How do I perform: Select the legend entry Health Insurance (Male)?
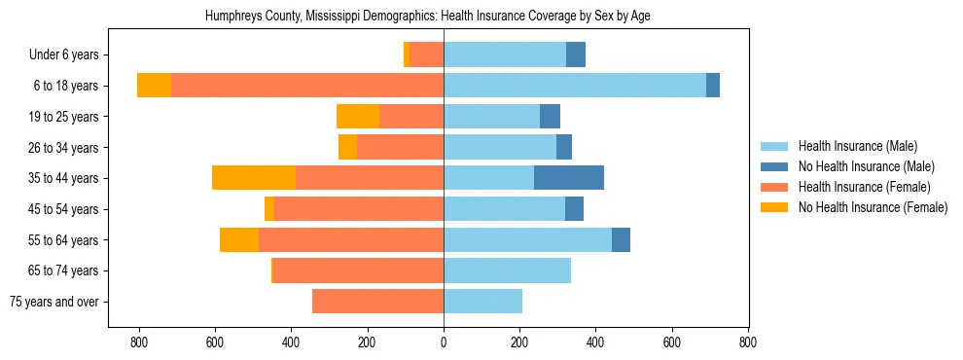(x=857, y=146)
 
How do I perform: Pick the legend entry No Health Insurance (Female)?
(x=873, y=207)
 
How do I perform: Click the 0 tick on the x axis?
(x=444, y=342)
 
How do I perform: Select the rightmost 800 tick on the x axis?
(x=748, y=342)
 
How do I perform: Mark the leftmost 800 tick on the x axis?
(x=139, y=342)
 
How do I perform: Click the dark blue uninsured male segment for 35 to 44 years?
(x=569, y=178)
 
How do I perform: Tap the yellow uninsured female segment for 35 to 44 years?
(x=254, y=178)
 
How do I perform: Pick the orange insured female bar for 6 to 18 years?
(x=307, y=86)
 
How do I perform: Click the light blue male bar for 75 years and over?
(x=482, y=302)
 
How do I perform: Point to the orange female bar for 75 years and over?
(x=377, y=302)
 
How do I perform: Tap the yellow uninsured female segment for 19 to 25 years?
(x=358, y=117)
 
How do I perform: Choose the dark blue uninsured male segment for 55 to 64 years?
(x=621, y=239)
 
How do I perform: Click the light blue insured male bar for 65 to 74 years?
(x=507, y=270)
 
